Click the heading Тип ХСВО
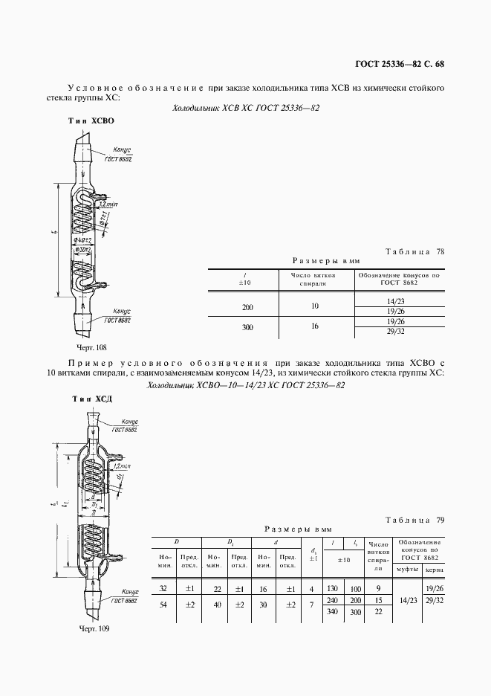91,120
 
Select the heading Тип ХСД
91,399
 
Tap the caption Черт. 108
92,347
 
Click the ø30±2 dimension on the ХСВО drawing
82,251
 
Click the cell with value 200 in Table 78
247,306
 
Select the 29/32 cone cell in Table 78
397,332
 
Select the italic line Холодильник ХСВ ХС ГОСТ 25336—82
246,108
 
